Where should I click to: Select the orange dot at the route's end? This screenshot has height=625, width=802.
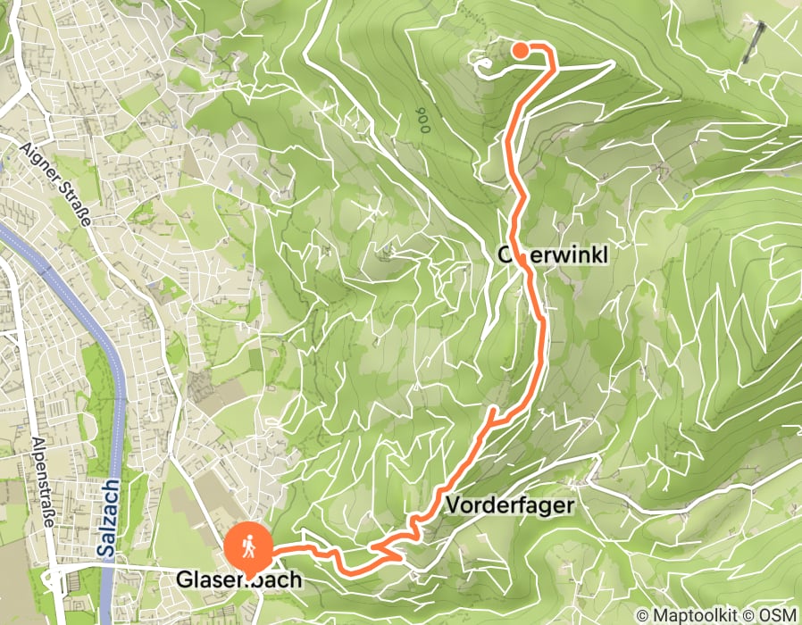pyautogui.click(x=520, y=51)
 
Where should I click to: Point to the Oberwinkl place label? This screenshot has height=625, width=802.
pyautogui.click(x=553, y=256)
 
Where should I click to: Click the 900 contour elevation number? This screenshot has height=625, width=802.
pyautogui.click(x=421, y=120)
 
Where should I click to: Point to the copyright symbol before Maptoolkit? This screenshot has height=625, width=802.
pyautogui.click(x=643, y=615)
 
